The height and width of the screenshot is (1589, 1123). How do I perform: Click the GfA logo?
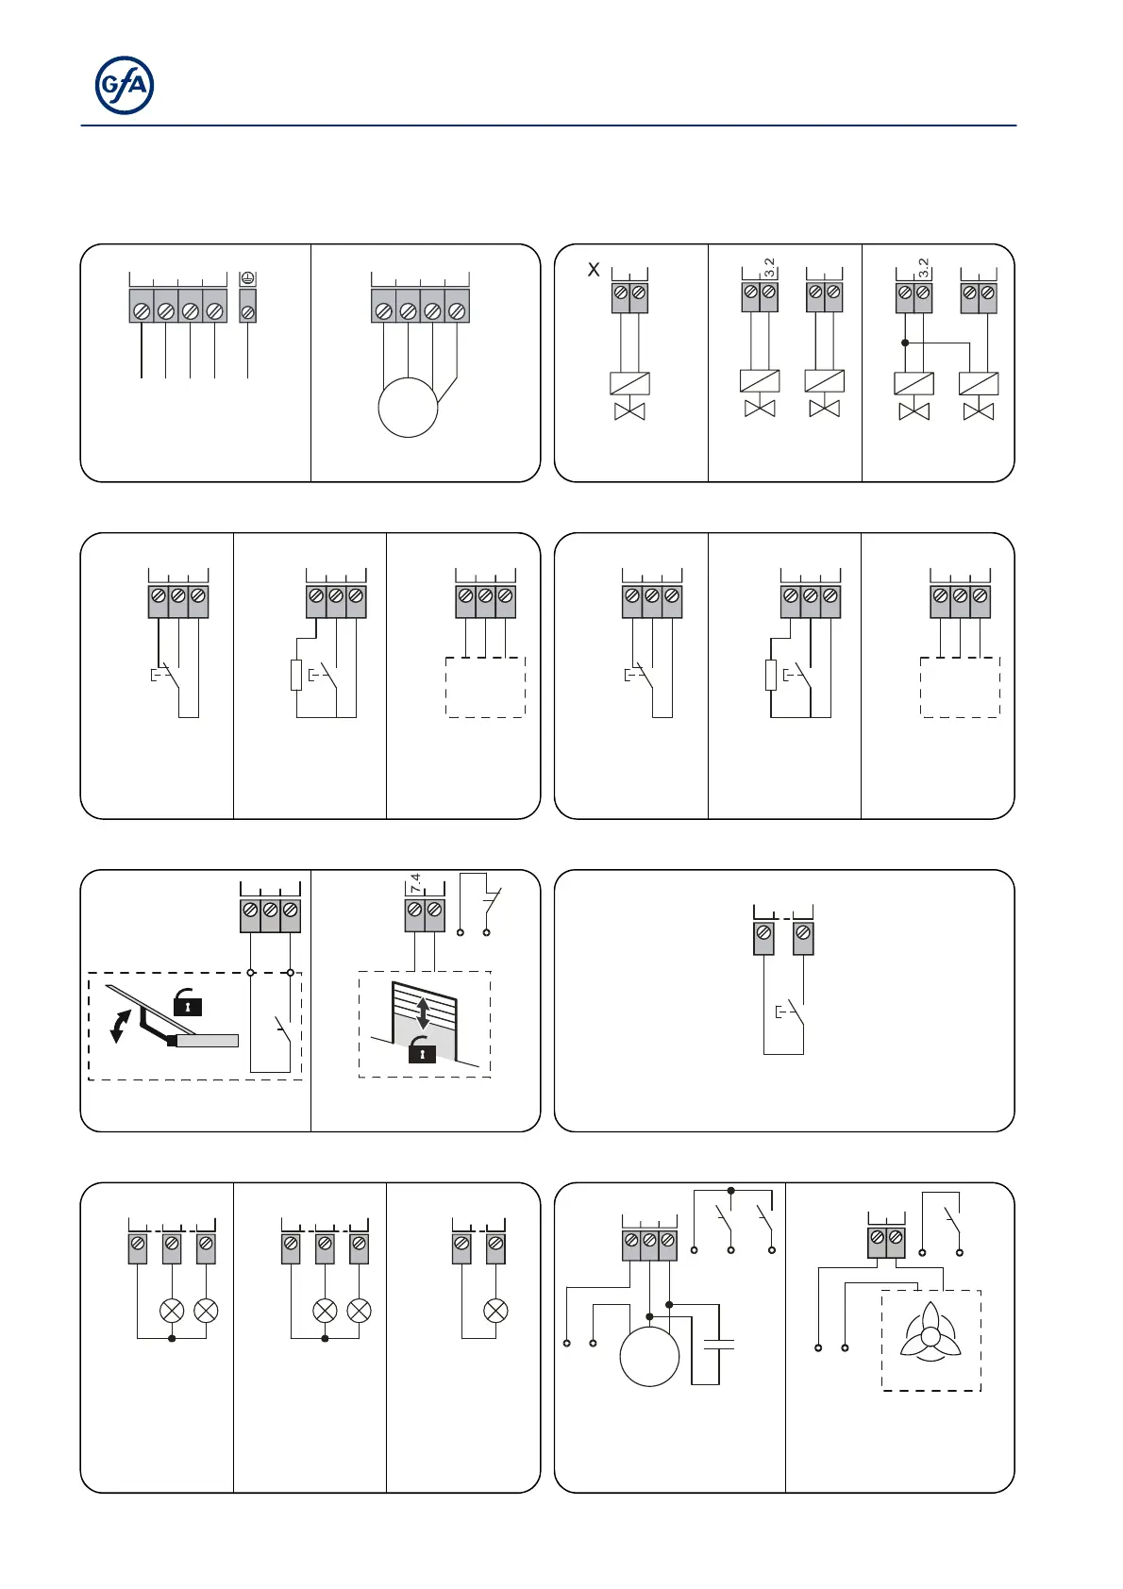click(x=125, y=86)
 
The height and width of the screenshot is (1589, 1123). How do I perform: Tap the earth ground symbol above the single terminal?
click(x=247, y=279)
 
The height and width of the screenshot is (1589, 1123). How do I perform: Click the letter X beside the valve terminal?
click(x=594, y=270)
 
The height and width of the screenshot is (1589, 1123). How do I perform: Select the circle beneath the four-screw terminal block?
click(x=408, y=407)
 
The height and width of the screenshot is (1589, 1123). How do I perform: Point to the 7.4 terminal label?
click(x=415, y=883)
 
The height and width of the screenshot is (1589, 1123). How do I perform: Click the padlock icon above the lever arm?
click(x=188, y=1004)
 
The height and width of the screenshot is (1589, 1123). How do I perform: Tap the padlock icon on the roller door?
click(x=422, y=1050)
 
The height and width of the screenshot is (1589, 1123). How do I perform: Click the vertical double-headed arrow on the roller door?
click(x=424, y=1012)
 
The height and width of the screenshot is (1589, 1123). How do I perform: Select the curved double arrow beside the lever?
click(x=119, y=1027)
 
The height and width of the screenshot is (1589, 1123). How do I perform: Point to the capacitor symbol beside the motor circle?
click(x=719, y=1345)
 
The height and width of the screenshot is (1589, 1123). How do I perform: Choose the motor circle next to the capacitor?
click(x=649, y=1356)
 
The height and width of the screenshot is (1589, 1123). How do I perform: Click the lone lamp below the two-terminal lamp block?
click(x=495, y=1310)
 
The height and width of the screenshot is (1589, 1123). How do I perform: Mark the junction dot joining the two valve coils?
click(x=905, y=343)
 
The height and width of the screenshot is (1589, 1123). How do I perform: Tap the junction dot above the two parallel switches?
click(x=731, y=1191)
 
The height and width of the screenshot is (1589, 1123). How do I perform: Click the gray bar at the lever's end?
click(x=208, y=1041)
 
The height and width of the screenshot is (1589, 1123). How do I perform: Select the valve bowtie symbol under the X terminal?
click(x=629, y=411)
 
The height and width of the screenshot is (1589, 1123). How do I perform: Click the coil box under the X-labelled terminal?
click(x=629, y=383)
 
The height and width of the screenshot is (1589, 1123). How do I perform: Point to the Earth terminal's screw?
click(x=247, y=310)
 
